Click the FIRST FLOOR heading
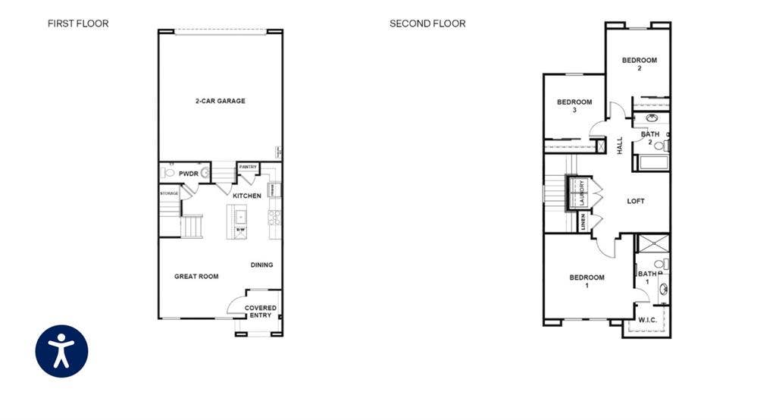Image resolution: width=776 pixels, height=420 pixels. (x=78, y=24)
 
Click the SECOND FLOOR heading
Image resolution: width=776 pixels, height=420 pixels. (x=427, y=24)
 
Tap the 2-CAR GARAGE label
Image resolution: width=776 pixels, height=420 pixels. (x=220, y=101)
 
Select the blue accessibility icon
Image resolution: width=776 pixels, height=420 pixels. (x=61, y=351)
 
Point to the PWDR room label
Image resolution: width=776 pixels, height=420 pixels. (x=188, y=174)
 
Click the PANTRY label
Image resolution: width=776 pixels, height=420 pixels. (x=248, y=167)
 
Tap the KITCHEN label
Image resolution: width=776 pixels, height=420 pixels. (x=247, y=196)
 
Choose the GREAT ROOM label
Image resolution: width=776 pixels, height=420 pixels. (x=196, y=277)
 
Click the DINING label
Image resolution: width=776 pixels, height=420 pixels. (x=261, y=265)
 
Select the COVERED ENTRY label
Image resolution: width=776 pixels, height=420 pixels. (x=260, y=312)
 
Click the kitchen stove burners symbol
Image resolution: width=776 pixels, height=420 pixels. (x=275, y=218)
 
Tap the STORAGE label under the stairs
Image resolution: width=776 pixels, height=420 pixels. (x=169, y=193)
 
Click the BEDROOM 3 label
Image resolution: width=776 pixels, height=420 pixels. (x=574, y=106)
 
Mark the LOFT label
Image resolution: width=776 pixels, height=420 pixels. (x=636, y=201)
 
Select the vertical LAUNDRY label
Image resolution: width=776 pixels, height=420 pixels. (x=582, y=193)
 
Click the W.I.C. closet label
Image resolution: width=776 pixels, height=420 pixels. (x=647, y=320)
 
